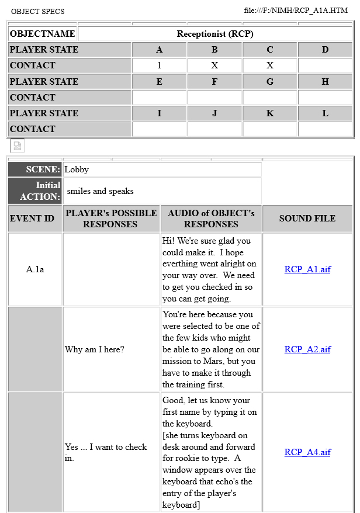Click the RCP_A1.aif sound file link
pos(307,269)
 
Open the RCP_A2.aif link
pos(307,349)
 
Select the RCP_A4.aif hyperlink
pos(307,452)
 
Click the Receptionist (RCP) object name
pos(215,34)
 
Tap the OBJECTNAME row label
pos(43,34)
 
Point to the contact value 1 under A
pos(160,65)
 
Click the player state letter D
pos(325,50)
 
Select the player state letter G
pos(270,82)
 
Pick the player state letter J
pos(214,113)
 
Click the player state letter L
pos(325,113)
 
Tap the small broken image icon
pos(18,146)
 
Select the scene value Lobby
pos(77,169)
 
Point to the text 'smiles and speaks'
pos(100,191)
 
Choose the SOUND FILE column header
pos(307,219)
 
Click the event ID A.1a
pos(35,269)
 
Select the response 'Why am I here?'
pos(95,349)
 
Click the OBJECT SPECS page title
pos(37,11)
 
